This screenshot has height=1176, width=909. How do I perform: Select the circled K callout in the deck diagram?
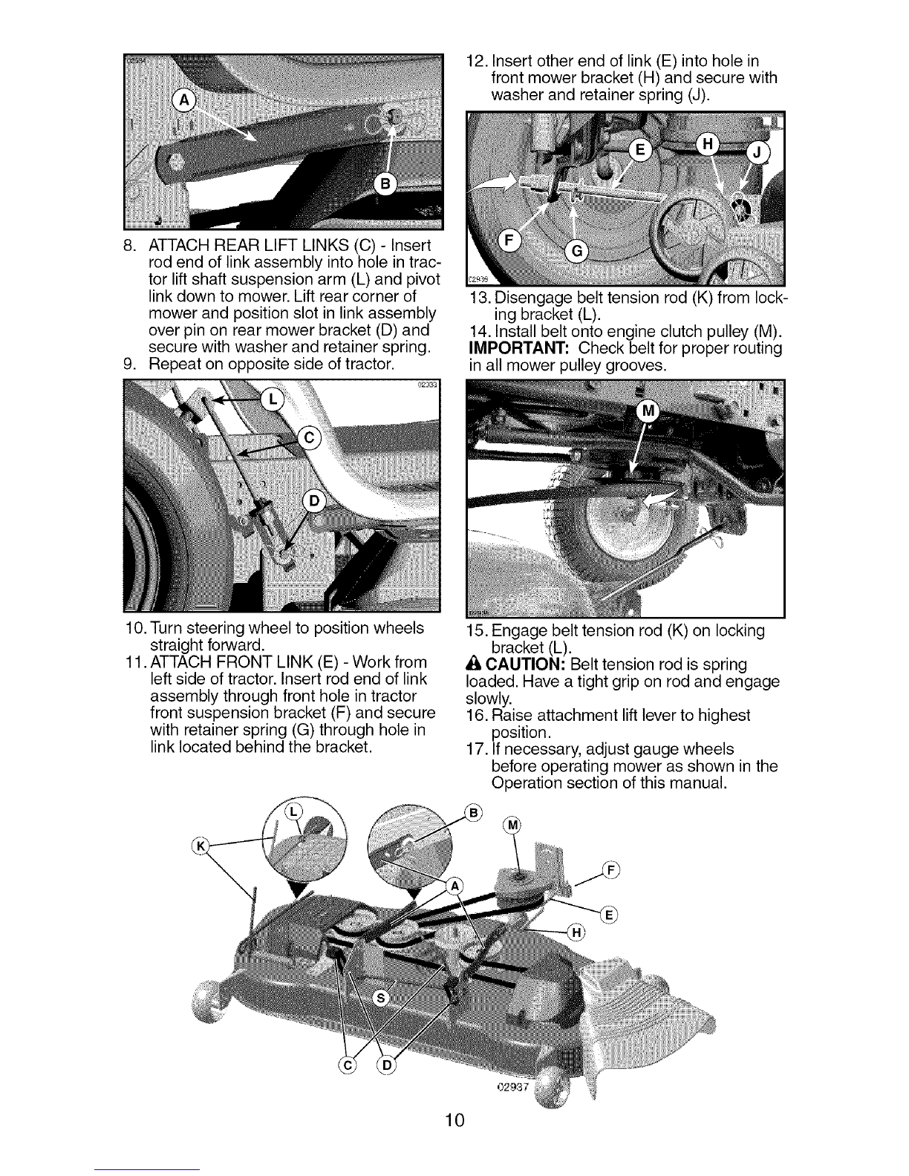click(199, 846)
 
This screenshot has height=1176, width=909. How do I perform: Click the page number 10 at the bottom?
click(454, 1120)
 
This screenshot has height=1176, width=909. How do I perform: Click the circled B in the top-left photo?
click(388, 184)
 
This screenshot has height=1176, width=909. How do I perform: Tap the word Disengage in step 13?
click(530, 299)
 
